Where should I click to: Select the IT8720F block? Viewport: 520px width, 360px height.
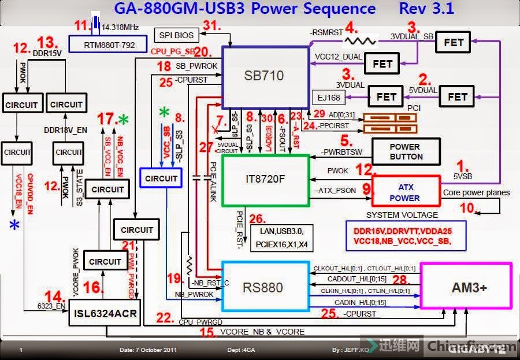click(265, 179)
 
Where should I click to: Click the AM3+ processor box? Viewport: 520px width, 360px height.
click(466, 287)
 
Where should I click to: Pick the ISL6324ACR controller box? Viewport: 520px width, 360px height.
click(105, 313)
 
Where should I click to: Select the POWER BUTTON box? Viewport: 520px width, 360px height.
click(406, 151)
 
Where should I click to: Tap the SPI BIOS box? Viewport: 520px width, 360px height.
click(177, 35)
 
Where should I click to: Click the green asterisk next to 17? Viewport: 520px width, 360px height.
click(122, 120)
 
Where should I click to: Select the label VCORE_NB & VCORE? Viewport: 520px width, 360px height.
click(262, 332)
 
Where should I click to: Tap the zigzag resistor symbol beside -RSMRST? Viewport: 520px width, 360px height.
click(361, 40)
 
